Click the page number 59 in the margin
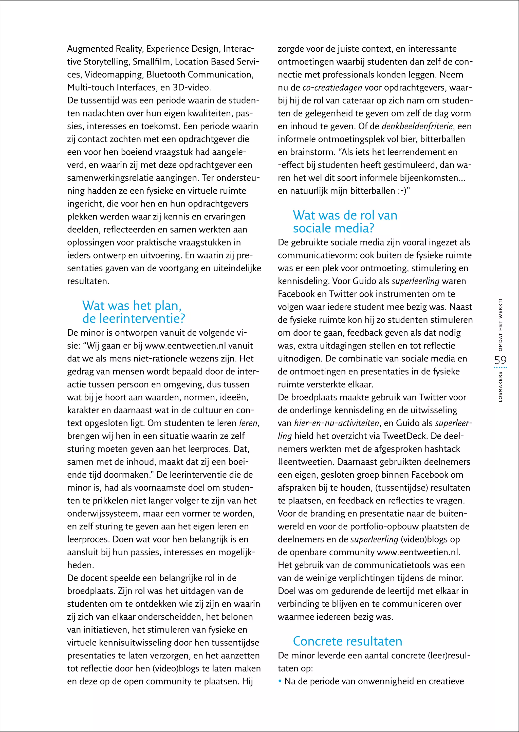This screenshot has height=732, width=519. pyautogui.click(x=500, y=360)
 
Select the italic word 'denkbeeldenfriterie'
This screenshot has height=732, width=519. pyautogui.click(x=417, y=126)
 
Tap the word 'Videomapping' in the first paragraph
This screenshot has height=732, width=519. pyautogui.click(x=114, y=75)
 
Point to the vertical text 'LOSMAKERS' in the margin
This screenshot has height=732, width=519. pyautogui.click(x=501, y=387)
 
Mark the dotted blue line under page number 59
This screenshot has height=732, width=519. pyautogui.click(x=500, y=368)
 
